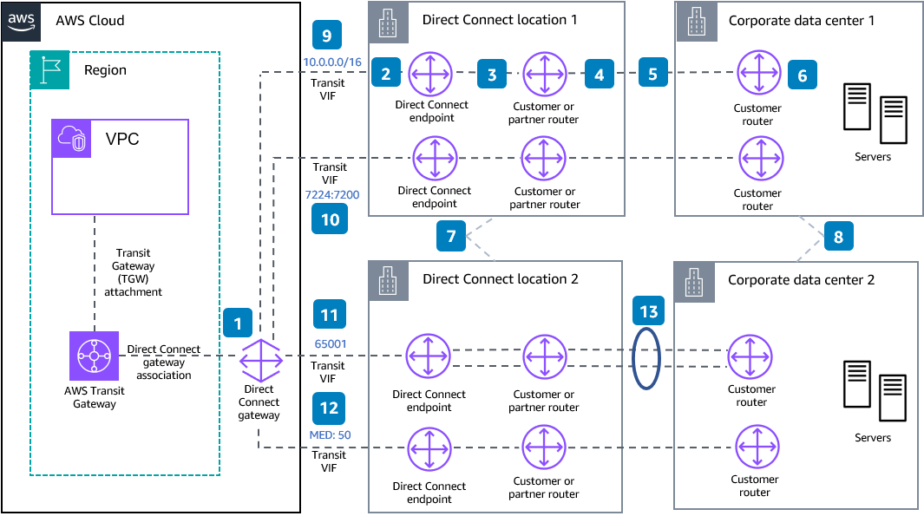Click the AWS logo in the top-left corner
click(x=22, y=19)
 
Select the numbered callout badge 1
click(x=238, y=323)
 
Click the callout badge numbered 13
click(x=649, y=312)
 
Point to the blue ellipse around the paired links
click(x=648, y=357)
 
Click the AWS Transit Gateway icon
click(x=94, y=356)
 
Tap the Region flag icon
click(x=49, y=70)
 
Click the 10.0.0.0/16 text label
click(x=332, y=62)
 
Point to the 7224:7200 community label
click(x=330, y=197)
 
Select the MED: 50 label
click(x=330, y=434)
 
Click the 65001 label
click(x=330, y=343)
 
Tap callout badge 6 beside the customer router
click(x=802, y=75)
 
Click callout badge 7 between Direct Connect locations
click(x=451, y=236)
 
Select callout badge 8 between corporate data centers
click(x=838, y=236)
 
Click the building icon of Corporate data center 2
click(x=694, y=280)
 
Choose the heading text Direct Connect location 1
click(x=500, y=19)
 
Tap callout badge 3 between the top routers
click(x=491, y=75)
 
